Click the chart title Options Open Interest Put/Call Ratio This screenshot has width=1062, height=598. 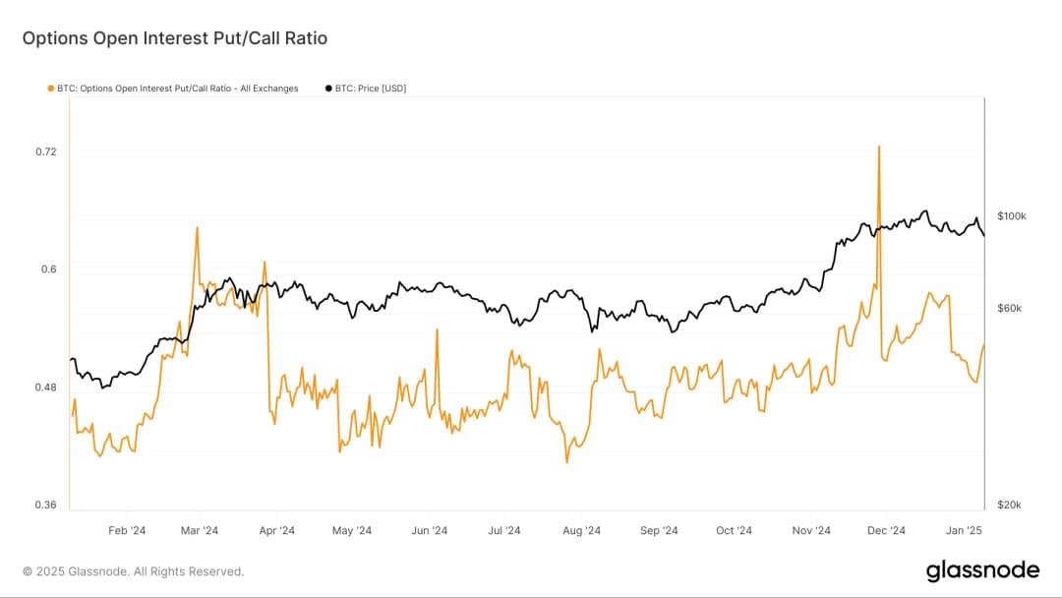[x=174, y=38]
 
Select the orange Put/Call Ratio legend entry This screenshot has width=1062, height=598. [x=172, y=89]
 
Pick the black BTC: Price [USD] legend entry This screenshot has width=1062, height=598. [x=365, y=89]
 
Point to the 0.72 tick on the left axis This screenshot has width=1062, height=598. [x=45, y=151]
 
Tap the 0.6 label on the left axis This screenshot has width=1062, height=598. [x=48, y=269]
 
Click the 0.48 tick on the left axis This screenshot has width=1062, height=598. [x=45, y=388]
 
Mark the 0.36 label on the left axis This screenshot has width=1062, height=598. [x=45, y=505]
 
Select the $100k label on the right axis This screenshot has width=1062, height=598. [x=1011, y=215]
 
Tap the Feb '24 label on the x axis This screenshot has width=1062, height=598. [x=126, y=531]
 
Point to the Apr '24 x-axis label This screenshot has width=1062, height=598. [x=276, y=531]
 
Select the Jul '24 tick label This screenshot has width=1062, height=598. [x=504, y=531]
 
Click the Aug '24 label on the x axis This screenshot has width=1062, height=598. [x=581, y=531]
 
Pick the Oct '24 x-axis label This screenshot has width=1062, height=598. [x=734, y=531]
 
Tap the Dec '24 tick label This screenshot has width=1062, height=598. [x=886, y=531]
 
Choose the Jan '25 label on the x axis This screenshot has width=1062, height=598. [x=963, y=531]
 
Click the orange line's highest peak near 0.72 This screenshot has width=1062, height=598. [x=878, y=147]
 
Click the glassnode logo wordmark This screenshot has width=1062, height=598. [x=981, y=570]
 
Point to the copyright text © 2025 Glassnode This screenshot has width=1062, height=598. [x=133, y=571]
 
